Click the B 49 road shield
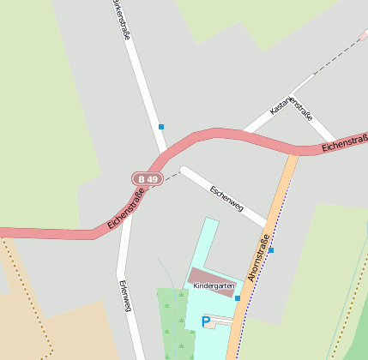coord(148,179)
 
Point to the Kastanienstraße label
coord(291,106)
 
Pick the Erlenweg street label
coord(126,295)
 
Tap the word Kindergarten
coord(213,285)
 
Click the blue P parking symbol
coord(205,321)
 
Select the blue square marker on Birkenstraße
coord(160,127)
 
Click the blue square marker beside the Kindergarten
coord(238,298)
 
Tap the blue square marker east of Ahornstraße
coord(271,250)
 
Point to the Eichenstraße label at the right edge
coord(345,142)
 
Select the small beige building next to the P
coord(220,323)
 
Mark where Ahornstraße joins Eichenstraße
coord(292,153)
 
